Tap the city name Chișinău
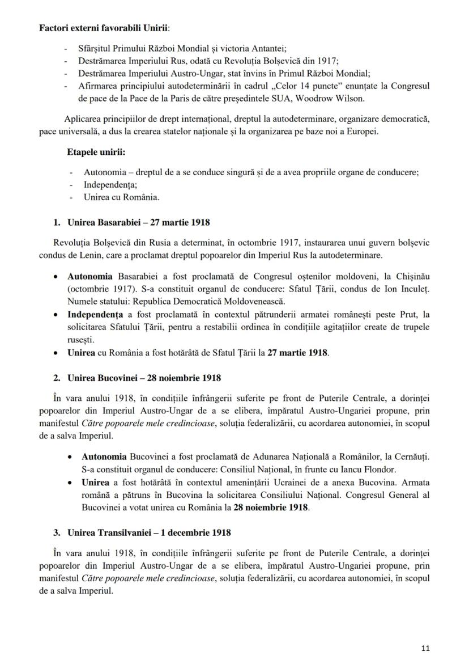(x=409, y=276)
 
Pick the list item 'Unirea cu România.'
(x=121, y=197)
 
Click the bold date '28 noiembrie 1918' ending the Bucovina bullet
(x=271, y=507)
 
